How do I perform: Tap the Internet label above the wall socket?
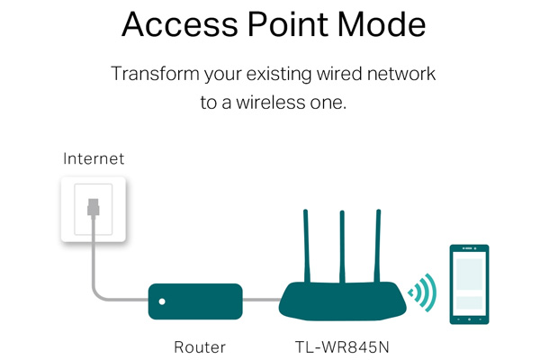94,159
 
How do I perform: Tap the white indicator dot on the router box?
162,302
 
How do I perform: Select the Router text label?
200,346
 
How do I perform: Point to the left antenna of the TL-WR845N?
306,243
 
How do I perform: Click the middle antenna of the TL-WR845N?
342,243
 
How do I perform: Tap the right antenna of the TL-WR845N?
378,243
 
